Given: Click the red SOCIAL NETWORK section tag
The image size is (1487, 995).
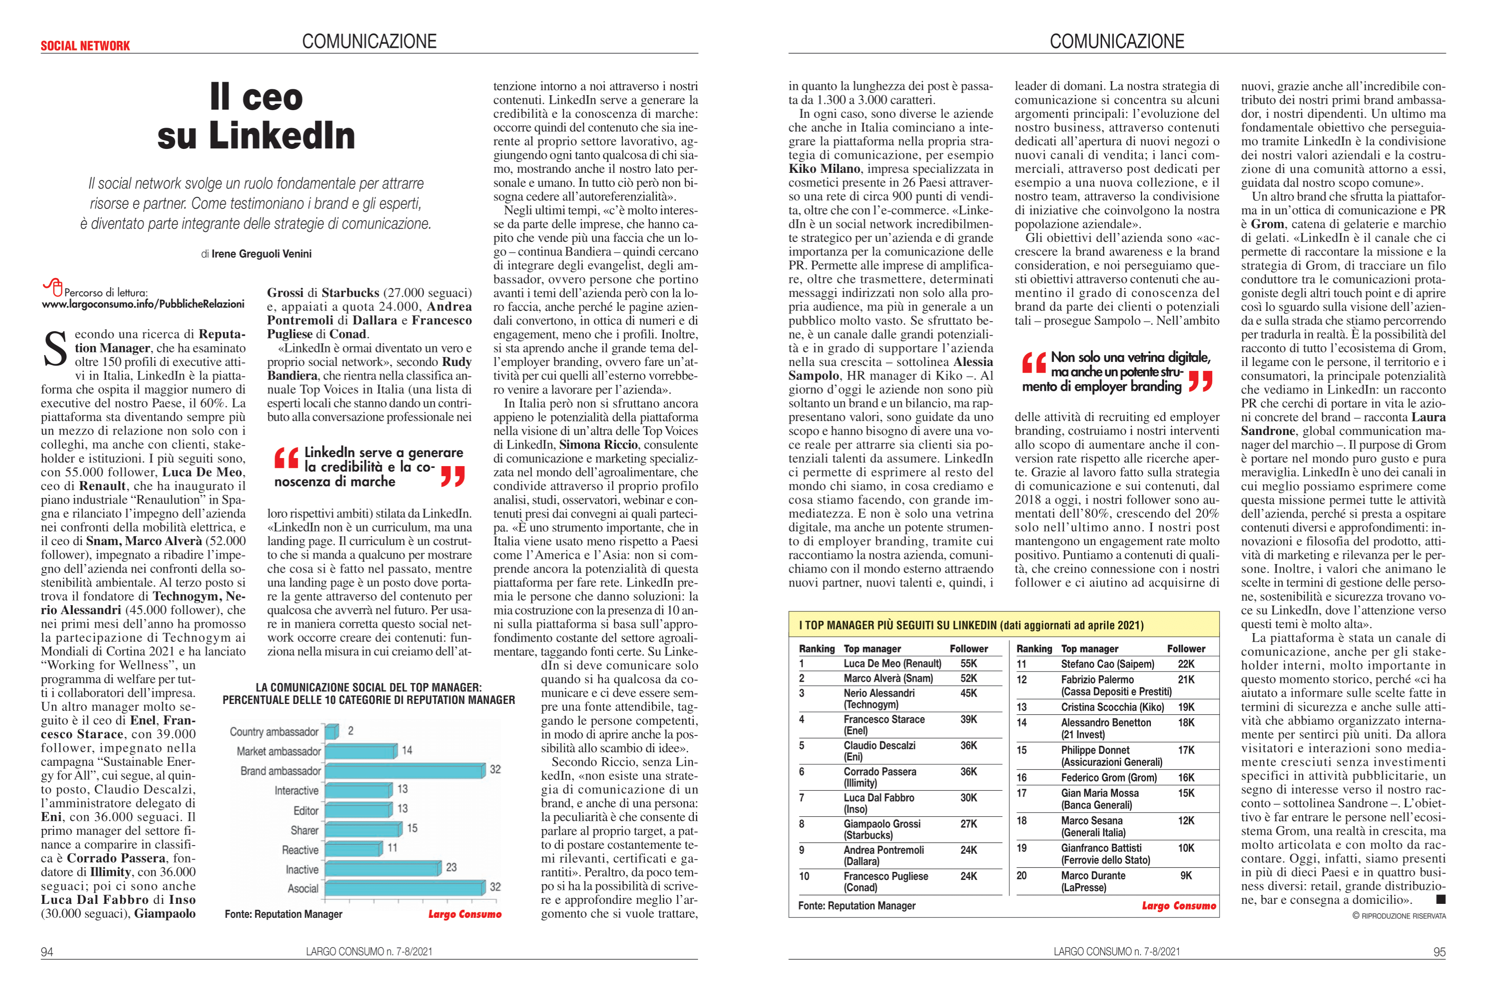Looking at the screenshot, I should coord(85,46).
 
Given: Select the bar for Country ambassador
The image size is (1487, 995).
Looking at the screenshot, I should coord(331,731).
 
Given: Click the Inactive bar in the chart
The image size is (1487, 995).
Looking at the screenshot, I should coord(383,869).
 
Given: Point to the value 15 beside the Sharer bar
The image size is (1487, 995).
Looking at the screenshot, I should coord(412,828).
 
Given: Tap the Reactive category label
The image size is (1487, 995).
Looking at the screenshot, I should coord(300,850).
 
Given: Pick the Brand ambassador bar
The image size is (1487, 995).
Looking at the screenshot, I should coord(405,771).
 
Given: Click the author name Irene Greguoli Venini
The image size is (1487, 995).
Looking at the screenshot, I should coord(261,254).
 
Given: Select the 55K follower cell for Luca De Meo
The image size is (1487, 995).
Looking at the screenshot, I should coord(969,664).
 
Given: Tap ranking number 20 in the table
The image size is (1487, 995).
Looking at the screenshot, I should coord(1021,876).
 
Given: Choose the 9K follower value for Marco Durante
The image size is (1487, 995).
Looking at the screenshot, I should coord(1186,876).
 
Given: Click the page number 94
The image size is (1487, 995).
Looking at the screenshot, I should coord(47,952).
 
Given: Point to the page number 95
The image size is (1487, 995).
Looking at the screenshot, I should coord(1440,952).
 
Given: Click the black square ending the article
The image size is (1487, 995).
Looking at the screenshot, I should coord(1441,899).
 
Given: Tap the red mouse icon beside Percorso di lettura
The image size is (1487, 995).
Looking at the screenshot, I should coord(53,287).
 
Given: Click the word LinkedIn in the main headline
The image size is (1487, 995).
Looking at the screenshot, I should coord(282,136).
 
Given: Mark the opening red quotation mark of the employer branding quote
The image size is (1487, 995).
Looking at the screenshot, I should coord(1034,363).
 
